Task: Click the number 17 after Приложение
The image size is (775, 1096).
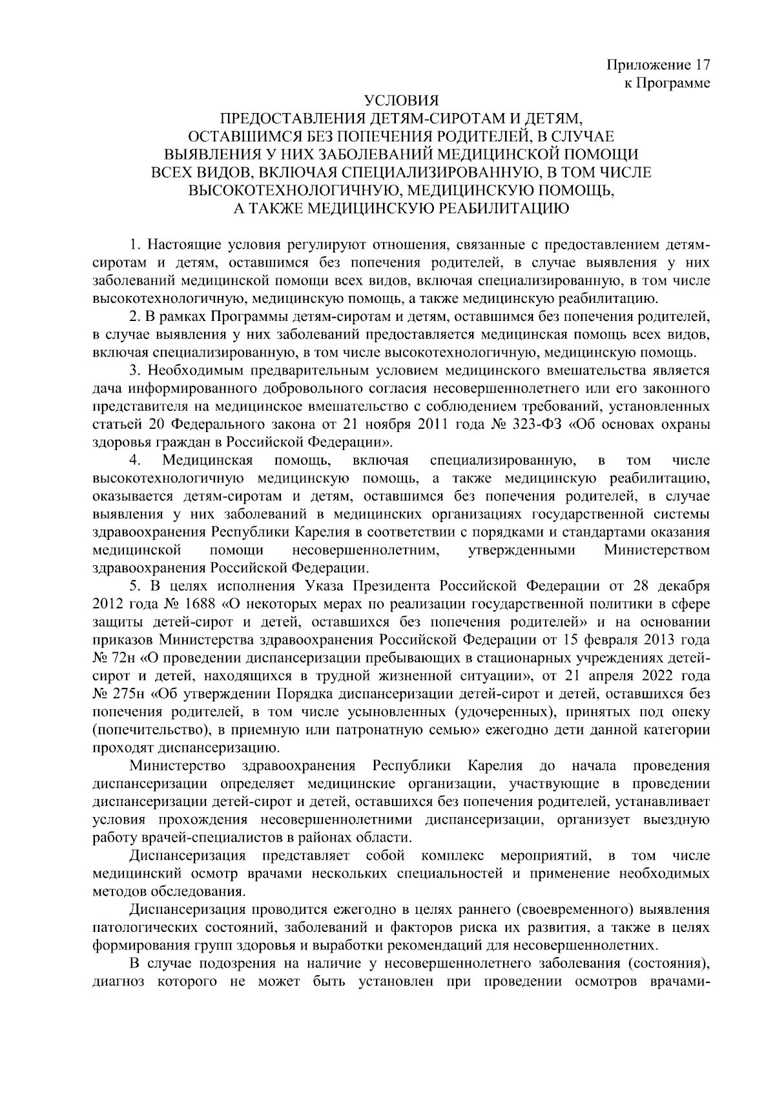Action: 701,65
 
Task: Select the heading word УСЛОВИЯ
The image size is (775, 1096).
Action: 401,101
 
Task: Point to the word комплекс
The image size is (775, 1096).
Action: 452,856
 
